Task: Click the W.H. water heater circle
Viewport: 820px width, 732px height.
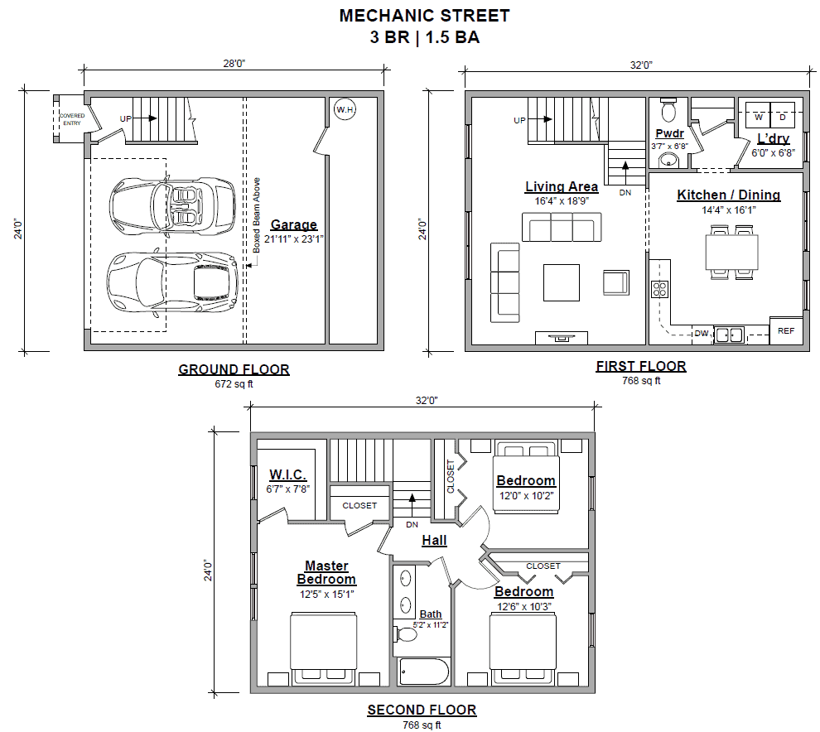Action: tap(345, 109)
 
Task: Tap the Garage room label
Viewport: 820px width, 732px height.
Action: tap(293, 224)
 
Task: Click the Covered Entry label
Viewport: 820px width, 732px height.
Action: tap(71, 119)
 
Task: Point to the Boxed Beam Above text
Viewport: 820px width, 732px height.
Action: tap(256, 215)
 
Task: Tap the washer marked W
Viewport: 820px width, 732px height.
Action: tap(758, 116)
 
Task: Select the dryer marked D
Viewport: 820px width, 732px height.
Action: tap(783, 116)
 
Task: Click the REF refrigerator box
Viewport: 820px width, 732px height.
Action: tap(786, 330)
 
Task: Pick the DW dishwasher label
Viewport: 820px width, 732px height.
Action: tap(702, 333)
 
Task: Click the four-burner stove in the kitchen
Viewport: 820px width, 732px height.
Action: tap(659, 289)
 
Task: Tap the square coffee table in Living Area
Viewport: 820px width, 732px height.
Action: tap(561, 283)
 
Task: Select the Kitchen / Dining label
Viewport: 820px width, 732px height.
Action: tap(729, 195)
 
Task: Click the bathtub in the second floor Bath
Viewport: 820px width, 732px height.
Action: tap(423, 672)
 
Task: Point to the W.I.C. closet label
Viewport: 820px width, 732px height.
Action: tap(287, 474)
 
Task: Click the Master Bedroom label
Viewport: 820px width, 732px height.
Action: tap(326, 572)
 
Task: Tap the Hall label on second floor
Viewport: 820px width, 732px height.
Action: tap(434, 540)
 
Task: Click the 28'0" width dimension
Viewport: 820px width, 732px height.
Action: tap(234, 64)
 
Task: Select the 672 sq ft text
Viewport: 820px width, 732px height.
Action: tap(234, 383)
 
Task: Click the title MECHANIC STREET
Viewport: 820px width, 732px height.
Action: tap(425, 16)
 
